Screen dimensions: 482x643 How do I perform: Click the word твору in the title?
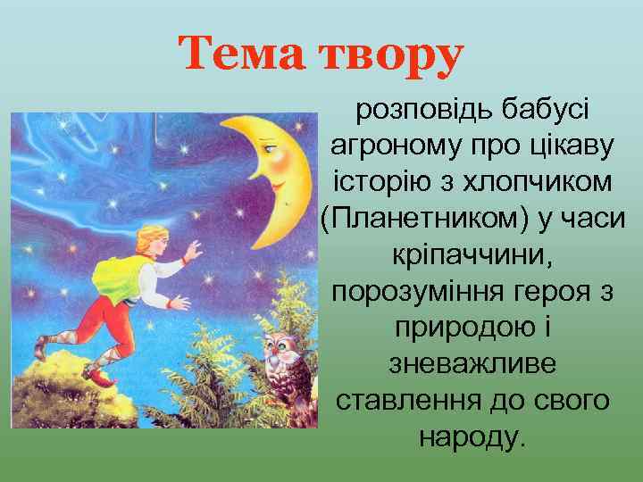[389, 55]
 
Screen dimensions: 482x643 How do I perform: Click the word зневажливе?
[472, 363]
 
